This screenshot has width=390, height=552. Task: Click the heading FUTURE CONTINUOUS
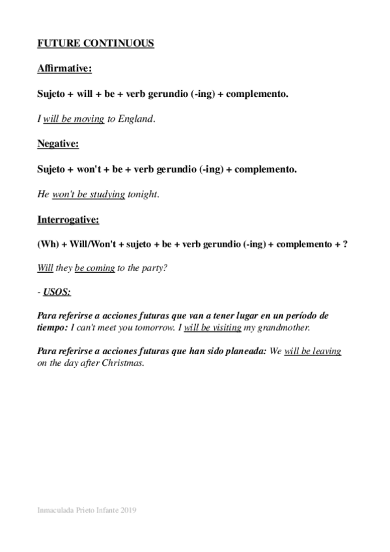(96, 44)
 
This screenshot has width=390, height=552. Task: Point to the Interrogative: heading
(68, 219)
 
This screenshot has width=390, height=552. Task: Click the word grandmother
(282, 327)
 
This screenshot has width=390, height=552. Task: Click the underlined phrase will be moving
(74, 119)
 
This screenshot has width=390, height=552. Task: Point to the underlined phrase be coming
(95, 268)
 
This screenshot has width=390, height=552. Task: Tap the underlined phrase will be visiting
(212, 327)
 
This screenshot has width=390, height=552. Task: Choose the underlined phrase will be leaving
(313, 351)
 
